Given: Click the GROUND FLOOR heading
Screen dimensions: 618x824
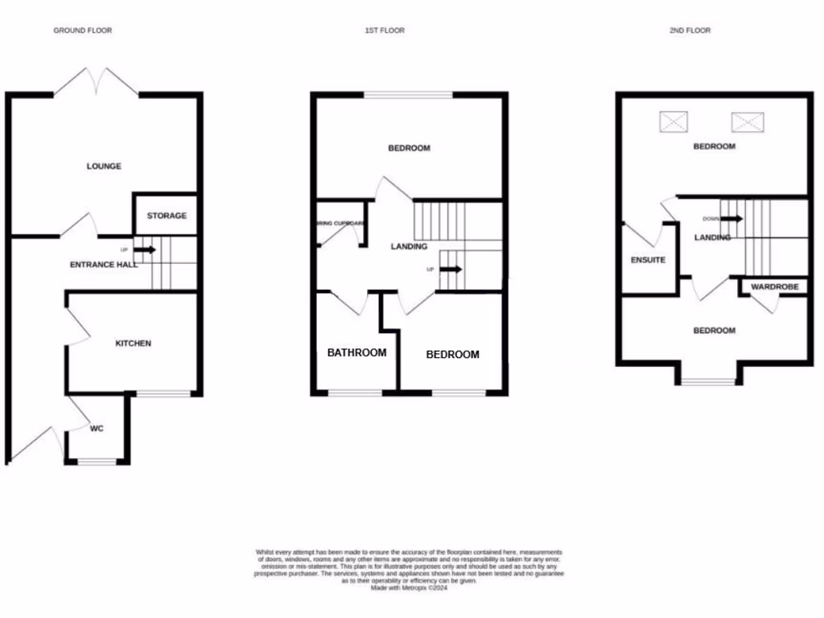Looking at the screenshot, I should click(82, 31).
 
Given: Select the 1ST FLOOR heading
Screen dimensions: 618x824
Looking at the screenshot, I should click(385, 31).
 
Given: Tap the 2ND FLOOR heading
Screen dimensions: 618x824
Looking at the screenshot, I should click(690, 31).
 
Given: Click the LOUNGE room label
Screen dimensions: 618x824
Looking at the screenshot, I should click(104, 167).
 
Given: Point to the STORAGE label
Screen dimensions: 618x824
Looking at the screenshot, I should click(167, 216).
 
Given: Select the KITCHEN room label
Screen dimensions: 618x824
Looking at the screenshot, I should click(133, 344).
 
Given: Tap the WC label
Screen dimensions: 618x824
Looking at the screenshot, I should click(97, 429).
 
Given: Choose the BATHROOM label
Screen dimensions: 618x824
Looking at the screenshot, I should click(356, 352).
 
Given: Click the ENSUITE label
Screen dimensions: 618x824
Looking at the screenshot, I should click(648, 261).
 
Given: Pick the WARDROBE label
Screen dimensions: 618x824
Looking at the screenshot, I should click(774, 286).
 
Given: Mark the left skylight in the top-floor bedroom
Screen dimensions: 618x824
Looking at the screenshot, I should click(674, 122).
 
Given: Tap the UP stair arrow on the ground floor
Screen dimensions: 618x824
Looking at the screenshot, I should click(145, 249).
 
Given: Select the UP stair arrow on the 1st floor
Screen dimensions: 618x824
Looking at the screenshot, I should click(451, 269).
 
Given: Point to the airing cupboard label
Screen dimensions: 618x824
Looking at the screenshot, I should click(341, 223).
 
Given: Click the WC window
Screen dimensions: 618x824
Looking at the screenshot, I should click(97, 462).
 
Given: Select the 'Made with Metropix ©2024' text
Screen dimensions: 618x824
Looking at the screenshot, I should click(409, 588).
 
